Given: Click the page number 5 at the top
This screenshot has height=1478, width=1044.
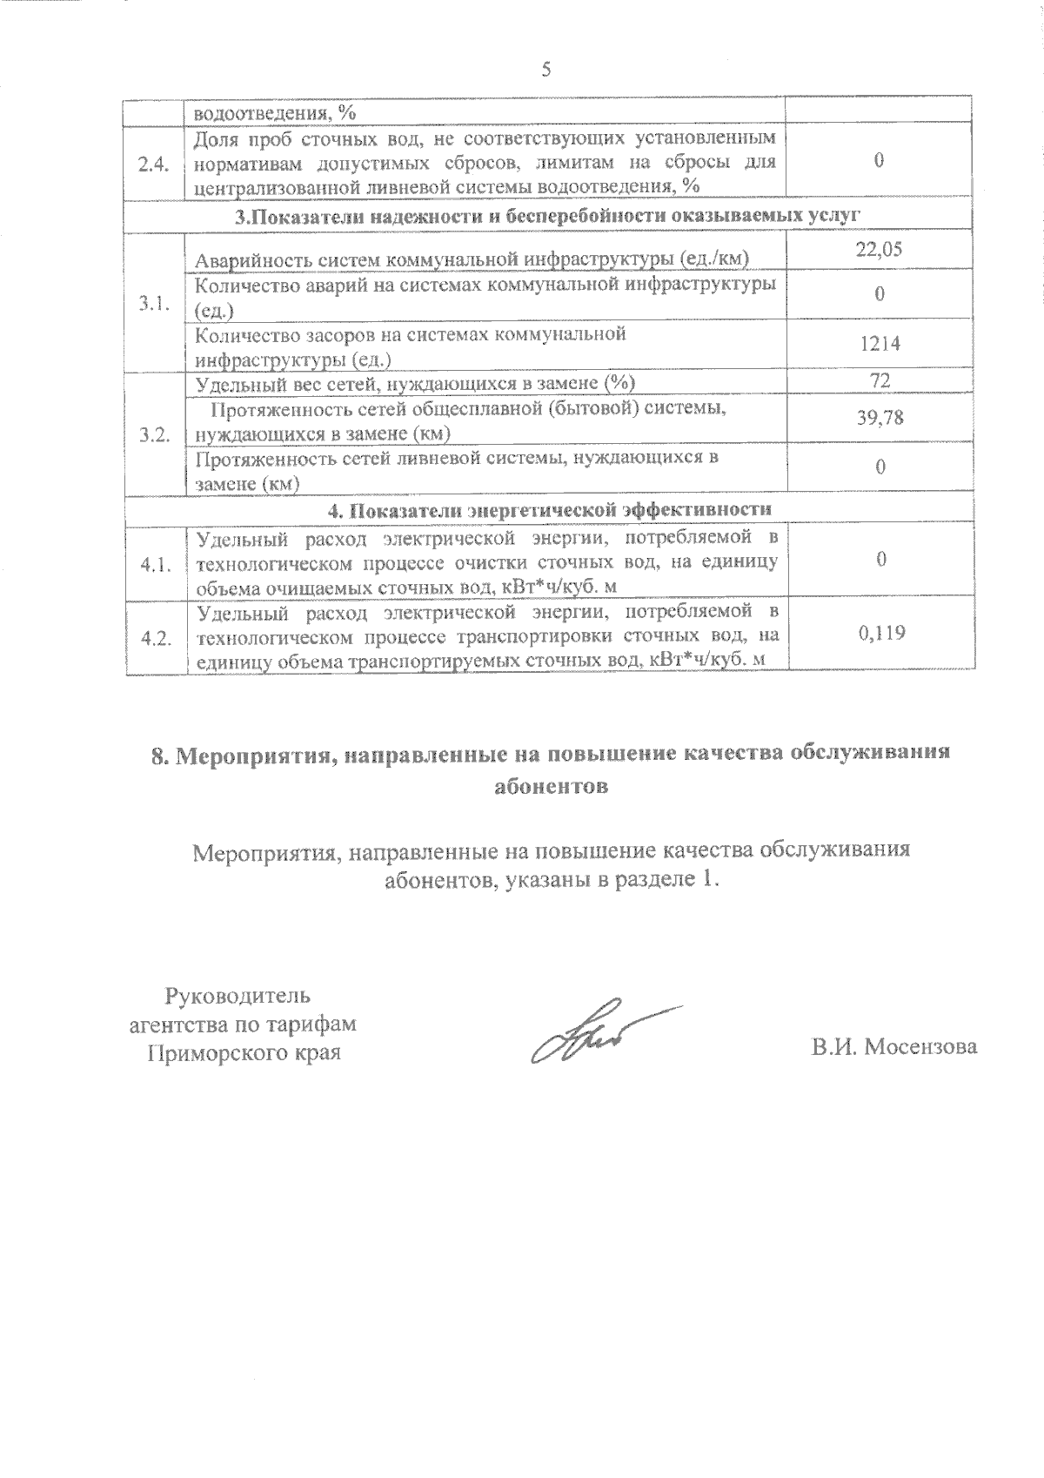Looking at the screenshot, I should [546, 71].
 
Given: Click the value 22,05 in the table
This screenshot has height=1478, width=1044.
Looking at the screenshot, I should [879, 250].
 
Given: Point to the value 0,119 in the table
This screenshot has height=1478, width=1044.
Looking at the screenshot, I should [881, 633].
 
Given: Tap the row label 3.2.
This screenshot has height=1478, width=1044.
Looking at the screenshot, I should [153, 435].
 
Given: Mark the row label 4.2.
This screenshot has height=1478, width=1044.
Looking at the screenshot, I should [154, 638].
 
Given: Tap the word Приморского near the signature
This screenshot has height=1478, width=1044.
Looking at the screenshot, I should [206, 1053].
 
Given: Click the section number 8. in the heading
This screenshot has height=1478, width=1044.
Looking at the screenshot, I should [161, 756].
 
